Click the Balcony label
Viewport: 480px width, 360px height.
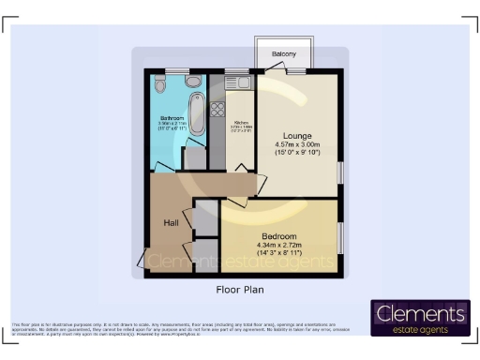click(285, 54)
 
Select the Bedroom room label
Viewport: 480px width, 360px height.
click(279, 235)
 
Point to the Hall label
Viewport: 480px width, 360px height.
click(172, 223)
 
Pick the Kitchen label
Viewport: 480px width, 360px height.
click(241, 123)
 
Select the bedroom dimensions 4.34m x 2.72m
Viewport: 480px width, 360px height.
click(279, 245)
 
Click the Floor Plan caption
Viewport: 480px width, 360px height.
click(241, 291)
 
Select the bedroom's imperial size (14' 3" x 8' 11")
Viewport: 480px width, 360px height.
click(279, 253)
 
